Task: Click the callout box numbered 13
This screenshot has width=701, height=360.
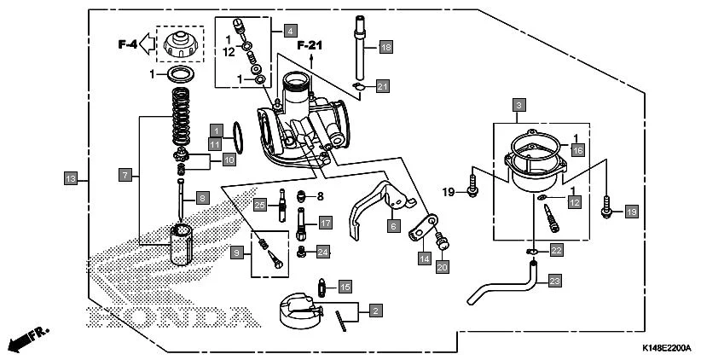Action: tap(71, 178)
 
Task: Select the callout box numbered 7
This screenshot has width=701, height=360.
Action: tap(125, 175)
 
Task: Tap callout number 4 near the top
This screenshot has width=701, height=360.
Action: tap(291, 31)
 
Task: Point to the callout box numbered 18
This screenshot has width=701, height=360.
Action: tap(385, 47)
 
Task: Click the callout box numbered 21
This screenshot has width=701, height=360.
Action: tap(383, 86)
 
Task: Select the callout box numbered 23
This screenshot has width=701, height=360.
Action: tap(555, 280)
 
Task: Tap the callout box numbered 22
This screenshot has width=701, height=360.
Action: tap(556, 250)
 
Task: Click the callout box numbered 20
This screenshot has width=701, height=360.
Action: tap(442, 268)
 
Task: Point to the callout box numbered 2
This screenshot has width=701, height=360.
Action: tap(375, 311)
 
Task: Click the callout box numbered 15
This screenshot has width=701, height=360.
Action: tap(346, 286)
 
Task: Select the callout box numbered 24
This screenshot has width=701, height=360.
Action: tap(322, 252)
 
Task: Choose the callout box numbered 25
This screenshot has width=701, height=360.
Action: tap(260, 204)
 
